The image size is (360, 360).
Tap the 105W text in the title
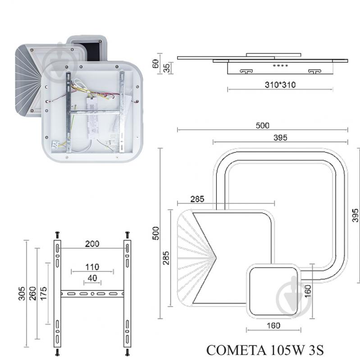click(283, 350)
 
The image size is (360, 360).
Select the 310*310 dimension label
click(280, 84)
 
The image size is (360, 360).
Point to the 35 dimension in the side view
click(166, 68)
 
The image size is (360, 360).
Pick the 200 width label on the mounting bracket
click(92, 244)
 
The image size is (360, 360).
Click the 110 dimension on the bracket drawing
click(92, 267)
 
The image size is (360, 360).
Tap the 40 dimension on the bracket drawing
click(92, 278)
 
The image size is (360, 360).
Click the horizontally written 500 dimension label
click(263, 126)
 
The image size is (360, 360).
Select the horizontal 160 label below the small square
click(273, 325)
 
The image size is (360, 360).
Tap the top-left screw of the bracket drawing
click(57, 235)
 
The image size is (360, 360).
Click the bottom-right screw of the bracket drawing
click(127, 351)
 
